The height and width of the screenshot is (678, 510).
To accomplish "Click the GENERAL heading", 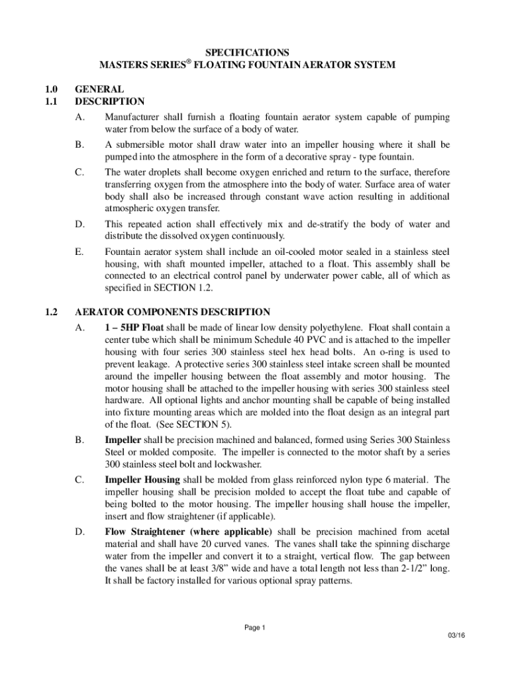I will [99, 89].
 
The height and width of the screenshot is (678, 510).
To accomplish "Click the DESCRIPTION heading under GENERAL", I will [109, 101].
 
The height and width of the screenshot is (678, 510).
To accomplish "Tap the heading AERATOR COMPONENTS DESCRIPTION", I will [172, 312].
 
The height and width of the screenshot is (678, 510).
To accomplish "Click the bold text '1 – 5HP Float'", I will [136, 327].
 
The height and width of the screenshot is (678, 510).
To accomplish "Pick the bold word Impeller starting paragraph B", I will [123, 439].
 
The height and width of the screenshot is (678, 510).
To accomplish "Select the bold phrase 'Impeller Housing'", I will [142, 479].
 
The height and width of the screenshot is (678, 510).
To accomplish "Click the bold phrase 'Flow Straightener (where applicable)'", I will [188, 532].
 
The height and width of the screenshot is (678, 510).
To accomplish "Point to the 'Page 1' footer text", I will [255, 628].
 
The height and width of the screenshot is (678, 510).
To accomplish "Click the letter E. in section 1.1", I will [79, 252].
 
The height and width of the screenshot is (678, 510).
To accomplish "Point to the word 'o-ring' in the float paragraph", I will [403, 352].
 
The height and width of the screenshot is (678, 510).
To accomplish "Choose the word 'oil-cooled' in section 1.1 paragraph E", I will [270, 252].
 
